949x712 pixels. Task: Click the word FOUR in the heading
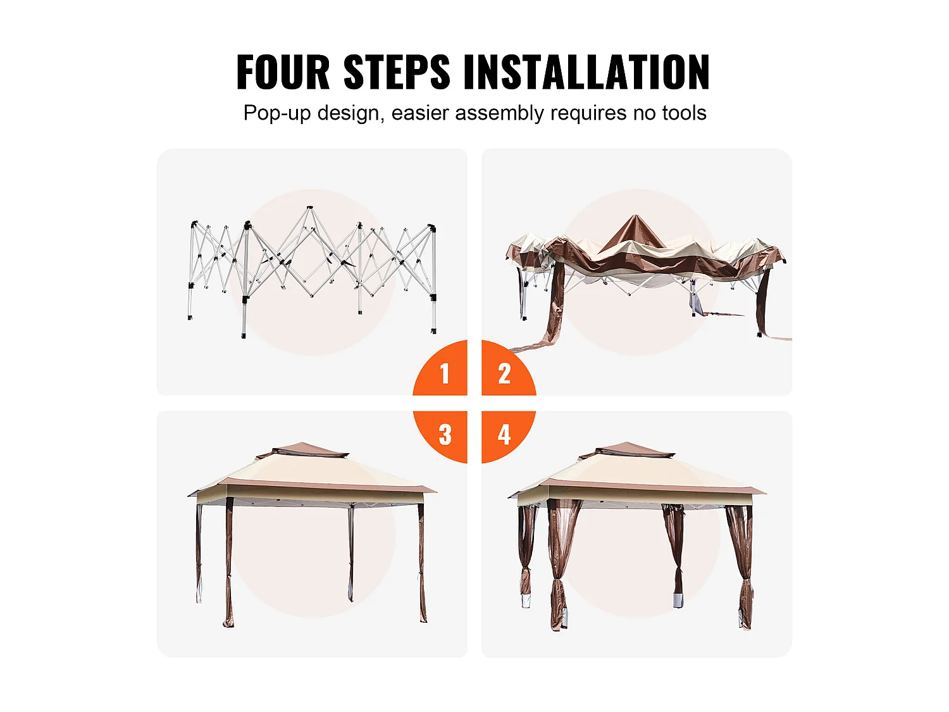click(x=283, y=72)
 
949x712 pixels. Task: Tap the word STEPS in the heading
click(x=397, y=72)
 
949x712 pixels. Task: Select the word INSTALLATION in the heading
click(x=586, y=72)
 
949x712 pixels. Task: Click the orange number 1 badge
click(x=440, y=368)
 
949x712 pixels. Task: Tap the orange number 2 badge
click(x=509, y=368)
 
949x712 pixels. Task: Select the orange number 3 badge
click(x=440, y=437)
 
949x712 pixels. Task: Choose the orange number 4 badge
click(x=509, y=437)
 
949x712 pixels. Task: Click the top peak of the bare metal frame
click(x=309, y=208)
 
